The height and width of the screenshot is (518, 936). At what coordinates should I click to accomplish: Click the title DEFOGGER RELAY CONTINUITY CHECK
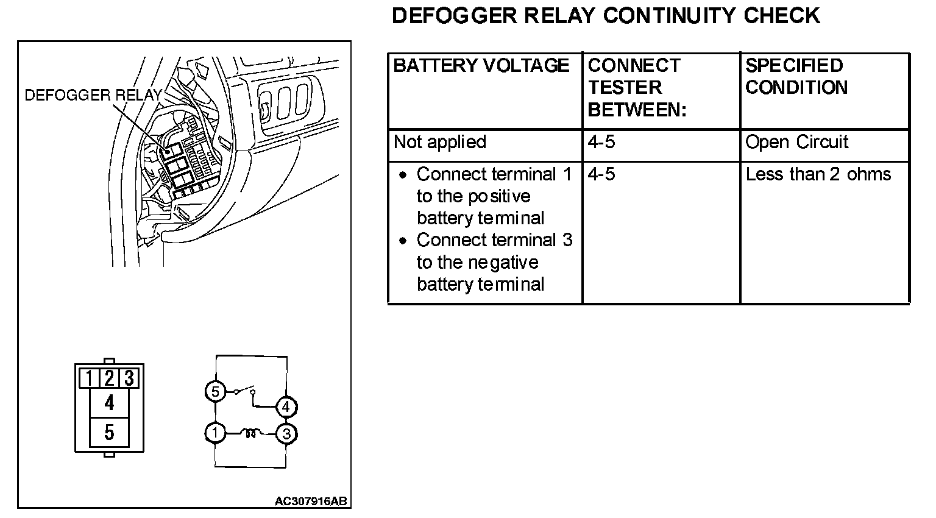coord(606,16)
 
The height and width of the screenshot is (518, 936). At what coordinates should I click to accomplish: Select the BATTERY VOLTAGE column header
coord(481,66)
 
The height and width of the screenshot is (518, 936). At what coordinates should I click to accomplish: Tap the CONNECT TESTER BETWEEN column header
coord(637,88)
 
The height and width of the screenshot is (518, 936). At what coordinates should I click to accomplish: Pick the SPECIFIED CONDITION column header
coord(796,77)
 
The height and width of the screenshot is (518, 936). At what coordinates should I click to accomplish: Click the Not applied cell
coord(439,143)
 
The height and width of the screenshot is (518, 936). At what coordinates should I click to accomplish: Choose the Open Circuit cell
coord(796,143)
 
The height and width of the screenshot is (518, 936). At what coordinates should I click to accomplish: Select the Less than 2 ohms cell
coord(818,175)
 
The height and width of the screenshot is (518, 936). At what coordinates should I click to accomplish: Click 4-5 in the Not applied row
coord(601,143)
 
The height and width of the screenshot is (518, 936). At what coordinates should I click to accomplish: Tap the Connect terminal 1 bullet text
coord(494,196)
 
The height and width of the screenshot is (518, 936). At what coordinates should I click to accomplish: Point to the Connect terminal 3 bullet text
coord(494,262)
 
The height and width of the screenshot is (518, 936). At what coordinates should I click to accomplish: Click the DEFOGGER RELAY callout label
coord(93,95)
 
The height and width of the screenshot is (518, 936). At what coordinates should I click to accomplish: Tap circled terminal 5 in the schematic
coord(215,391)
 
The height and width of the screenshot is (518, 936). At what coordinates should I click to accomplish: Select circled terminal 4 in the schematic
coord(286,406)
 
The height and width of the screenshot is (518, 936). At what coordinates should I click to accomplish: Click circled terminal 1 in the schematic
coord(215,433)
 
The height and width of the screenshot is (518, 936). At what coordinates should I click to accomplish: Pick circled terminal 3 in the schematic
coord(286,434)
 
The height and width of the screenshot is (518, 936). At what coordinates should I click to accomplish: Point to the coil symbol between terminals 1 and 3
coord(250,433)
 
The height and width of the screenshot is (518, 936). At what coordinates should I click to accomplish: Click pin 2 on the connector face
coord(109,378)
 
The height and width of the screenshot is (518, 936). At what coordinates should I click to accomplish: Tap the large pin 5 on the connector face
coord(109,433)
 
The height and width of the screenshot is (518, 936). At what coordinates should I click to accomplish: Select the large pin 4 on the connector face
coord(109,403)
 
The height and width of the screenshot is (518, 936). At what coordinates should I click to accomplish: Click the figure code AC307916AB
coord(311,502)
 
